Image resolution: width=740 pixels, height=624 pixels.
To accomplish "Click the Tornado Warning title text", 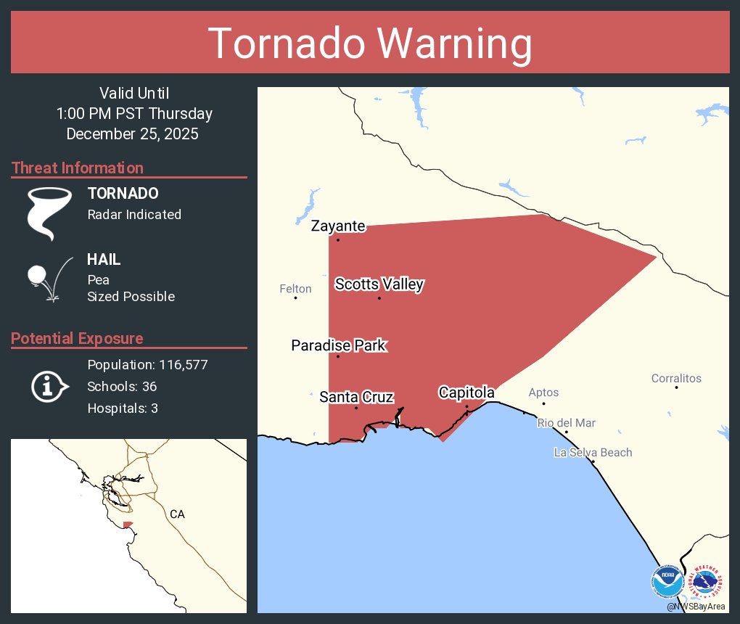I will pyautogui.click(x=370, y=44).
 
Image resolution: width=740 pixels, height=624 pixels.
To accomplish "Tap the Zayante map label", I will pyautogui.click(x=338, y=226).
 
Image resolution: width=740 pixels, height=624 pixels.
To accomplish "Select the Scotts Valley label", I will pyautogui.click(x=379, y=284).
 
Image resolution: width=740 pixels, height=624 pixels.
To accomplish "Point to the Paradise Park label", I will pyautogui.click(x=338, y=345).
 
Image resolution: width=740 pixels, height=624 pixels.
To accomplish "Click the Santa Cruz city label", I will pyautogui.click(x=356, y=397).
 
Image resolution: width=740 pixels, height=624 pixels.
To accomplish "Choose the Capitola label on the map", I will pyautogui.click(x=466, y=393).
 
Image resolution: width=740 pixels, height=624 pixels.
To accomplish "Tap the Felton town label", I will pyautogui.click(x=295, y=289).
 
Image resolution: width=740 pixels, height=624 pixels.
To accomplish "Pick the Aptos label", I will pyautogui.click(x=543, y=393).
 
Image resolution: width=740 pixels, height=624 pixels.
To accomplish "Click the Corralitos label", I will pyautogui.click(x=676, y=378).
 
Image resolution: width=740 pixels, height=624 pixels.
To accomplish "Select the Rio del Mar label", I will pyautogui.click(x=566, y=423).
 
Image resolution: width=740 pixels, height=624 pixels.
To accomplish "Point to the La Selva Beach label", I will pyautogui.click(x=593, y=453).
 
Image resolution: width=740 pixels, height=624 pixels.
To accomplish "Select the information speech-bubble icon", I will pyautogui.click(x=49, y=386).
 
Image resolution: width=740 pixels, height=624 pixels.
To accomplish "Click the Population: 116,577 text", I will pyautogui.click(x=147, y=365).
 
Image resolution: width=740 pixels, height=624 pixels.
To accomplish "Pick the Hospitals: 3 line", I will pyautogui.click(x=123, y=409).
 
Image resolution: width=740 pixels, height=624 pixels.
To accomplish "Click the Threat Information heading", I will pyautogui.click(x=78, y=168).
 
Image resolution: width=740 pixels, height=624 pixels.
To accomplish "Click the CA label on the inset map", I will pyautogui.click(x=177, y=514).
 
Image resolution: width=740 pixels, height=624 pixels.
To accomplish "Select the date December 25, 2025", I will pyautogui.click(x=133, y=134).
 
